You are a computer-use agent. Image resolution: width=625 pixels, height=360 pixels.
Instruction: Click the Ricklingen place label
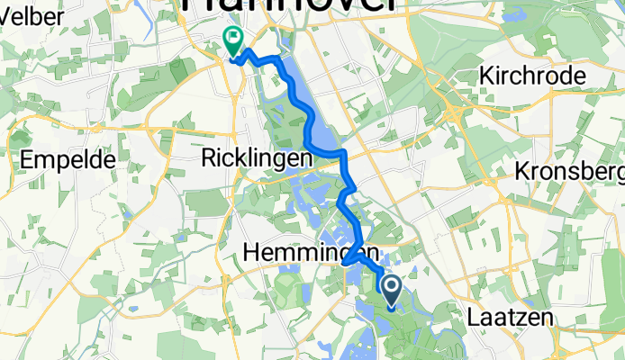click(255, 157)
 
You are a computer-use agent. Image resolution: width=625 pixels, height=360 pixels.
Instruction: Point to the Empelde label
click(71, 160)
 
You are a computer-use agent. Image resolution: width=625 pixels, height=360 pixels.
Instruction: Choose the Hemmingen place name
click(309, 253)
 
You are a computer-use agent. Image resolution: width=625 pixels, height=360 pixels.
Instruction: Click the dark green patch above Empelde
click(18, 140)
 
